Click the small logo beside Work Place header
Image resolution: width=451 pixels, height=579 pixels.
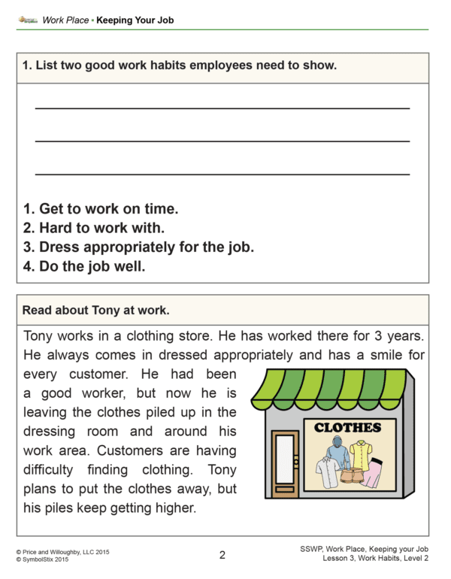(x=28, y=20)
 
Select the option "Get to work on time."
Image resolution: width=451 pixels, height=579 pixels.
(x=101, y=208)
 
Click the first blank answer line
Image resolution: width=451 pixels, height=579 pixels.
(x=222, y=108)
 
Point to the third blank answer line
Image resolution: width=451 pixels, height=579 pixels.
(x=222, y=174)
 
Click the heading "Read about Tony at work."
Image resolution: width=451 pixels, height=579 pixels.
(x=96, y=309)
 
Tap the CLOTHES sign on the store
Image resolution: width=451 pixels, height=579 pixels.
(x=347, y=428)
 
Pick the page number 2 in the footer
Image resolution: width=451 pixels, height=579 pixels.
(x=222, y=556)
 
